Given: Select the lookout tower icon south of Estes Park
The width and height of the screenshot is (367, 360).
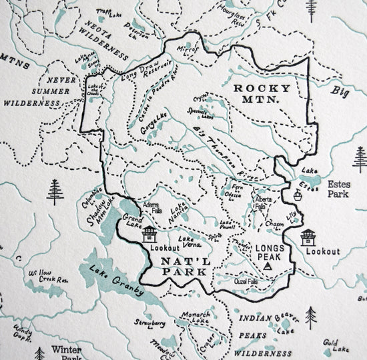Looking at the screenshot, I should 308,237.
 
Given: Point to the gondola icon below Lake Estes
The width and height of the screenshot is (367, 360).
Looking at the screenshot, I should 297,195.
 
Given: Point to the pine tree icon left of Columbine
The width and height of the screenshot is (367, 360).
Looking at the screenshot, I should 55,192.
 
